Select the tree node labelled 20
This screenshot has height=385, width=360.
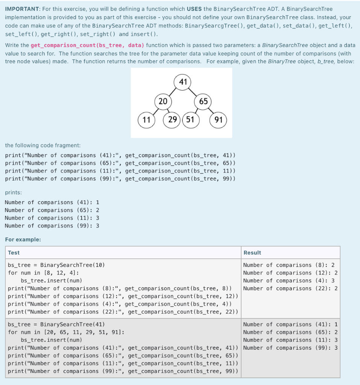tap(163, 101)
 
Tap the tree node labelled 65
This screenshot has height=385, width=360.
tap(203, 101)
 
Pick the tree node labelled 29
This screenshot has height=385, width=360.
tap(173, 120)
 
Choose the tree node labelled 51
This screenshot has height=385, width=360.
tap(190, 120)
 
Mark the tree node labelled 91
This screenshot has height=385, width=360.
tap(219, 120)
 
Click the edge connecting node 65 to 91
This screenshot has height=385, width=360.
tap(211, 111)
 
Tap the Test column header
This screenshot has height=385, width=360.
tap(14, 253)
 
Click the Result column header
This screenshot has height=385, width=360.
tap(252, 253)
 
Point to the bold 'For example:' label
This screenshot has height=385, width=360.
tap(23, 239)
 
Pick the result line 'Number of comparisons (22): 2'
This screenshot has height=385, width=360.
tap(290, 288)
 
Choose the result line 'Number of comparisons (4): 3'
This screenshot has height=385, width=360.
tap(289, 280)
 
